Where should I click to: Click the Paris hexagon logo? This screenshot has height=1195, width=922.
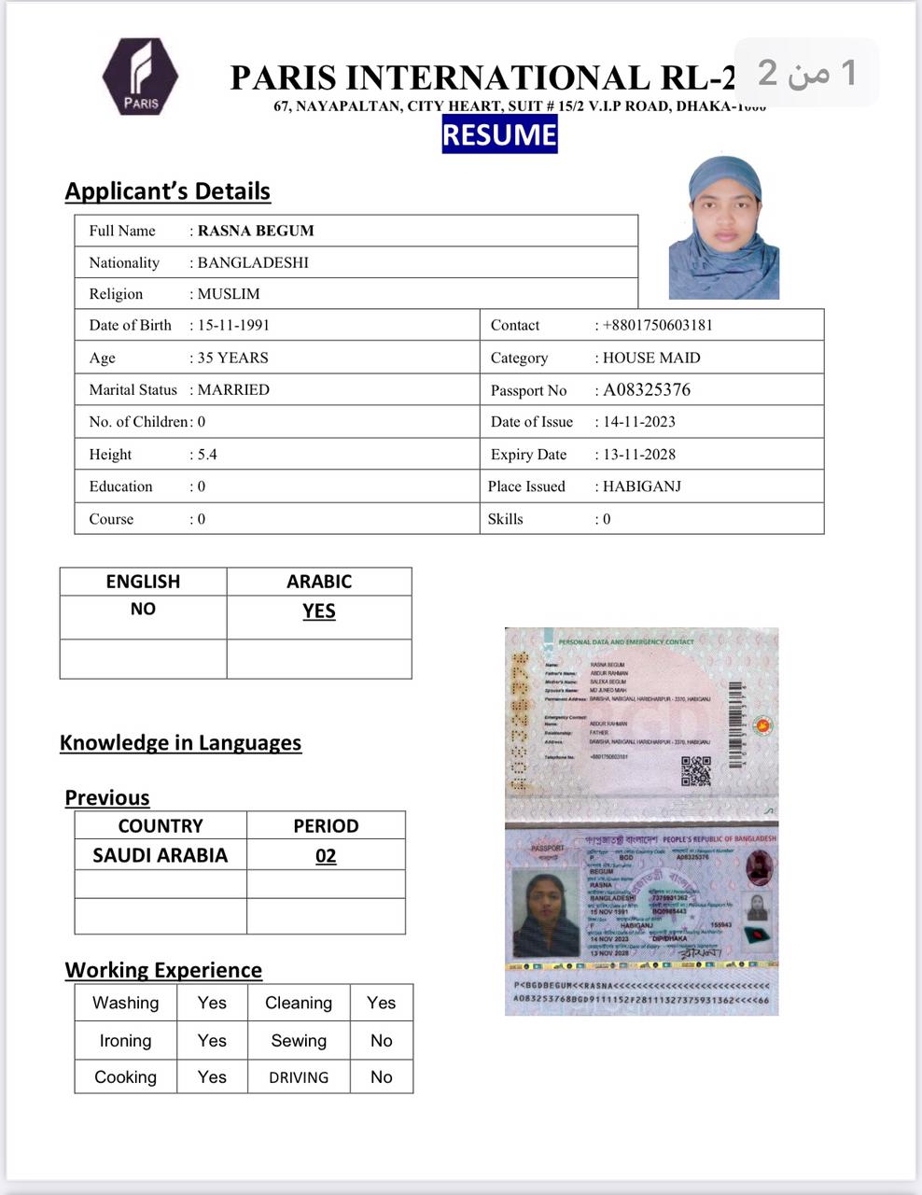pyautogui.click(x=140, y=77)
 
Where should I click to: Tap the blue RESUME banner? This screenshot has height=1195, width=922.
pyautogui.click(x=499, y=134)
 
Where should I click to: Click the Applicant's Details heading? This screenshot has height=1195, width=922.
pyautogui.click(x=167, y=191)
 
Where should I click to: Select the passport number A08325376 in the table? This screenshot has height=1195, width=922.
pyautogui.click(x=647, y=390)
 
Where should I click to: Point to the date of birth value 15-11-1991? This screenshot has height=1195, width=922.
pyautogui.click(x=233, y=326)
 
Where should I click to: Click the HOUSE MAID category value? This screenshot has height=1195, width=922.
pyautogui.click(x=651, y=358)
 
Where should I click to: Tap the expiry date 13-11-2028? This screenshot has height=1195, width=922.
pyautogui.click(x=639, y=455)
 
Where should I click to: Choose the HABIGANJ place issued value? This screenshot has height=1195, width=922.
pyautogui.click(x=642, y=486)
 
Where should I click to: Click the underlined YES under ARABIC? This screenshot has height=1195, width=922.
pyautogui.click(x=318, y=611)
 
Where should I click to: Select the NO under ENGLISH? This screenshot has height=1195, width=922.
pyautogui.click(x=143, y=609)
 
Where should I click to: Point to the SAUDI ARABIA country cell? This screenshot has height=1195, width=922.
pyautogui.click(x=160, y=855)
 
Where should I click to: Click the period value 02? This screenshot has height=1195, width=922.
pyautogui.click(x=326, y=856)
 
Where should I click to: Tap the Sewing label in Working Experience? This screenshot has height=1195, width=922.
pyautogui.click(x=299, y=1040)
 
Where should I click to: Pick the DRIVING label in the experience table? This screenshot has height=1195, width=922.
pyautogui.click(x=299, y=1077)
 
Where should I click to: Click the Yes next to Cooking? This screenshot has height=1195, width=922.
pyautogui.click(x=212, y=1076)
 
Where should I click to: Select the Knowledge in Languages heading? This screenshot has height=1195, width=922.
pyautogui.click(x=180, y=743)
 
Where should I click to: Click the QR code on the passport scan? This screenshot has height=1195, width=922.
pyautogui.click(x=696, y=770)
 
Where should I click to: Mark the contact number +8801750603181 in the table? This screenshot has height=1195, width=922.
pyautogui.click(x=658, y=326)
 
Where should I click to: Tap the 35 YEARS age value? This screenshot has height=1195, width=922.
pyautogui.click(x=233, y=358)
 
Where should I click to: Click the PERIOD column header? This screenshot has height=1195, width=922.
pyautogui.click(x=326, y=826)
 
